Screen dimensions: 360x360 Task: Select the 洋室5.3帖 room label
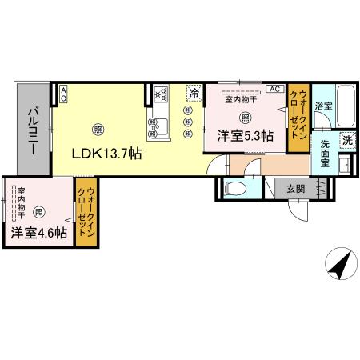244,137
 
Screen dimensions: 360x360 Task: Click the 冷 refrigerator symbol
194,93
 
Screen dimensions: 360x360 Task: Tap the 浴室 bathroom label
323,106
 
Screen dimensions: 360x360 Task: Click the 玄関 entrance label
295,190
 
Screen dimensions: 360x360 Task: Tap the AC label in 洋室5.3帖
274,89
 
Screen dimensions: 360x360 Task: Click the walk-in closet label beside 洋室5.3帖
298,118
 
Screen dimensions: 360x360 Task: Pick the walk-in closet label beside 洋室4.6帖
86,210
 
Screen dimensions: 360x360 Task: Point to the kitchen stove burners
159,94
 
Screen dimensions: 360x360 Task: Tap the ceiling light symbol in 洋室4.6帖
38,211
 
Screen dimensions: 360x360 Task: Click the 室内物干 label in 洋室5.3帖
240,100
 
